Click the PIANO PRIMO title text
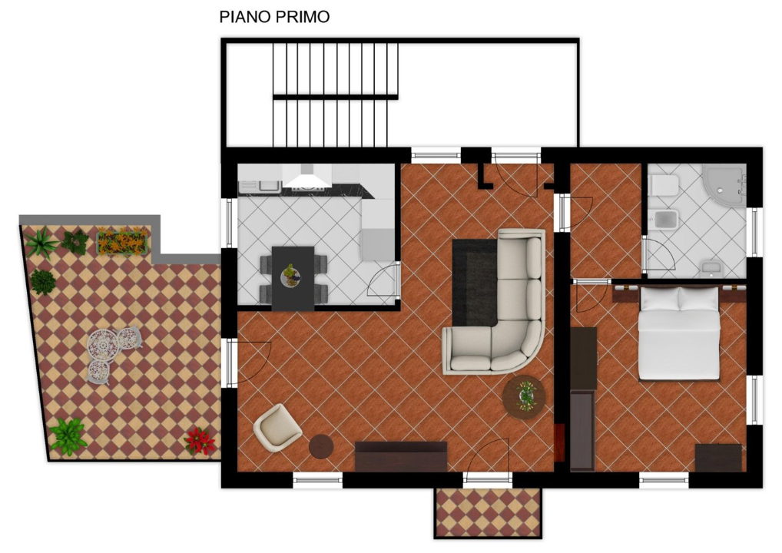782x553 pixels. [x=274, y=16]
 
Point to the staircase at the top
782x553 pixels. [x=336, y=94]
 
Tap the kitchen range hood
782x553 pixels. [x=304, y=181]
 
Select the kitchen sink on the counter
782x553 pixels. [x=268, y=185]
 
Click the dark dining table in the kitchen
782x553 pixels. [x=293, y=277]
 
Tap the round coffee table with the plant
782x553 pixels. [x=524, y=397]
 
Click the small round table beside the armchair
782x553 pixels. [x=321, y=447]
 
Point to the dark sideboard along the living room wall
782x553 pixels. [x=400, y=455]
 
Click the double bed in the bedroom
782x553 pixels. [x=679, y=332]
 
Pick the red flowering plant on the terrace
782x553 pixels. [x=200, y=441]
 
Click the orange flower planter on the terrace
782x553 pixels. [x=124, y=242]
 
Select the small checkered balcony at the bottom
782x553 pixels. [x=489, y=512]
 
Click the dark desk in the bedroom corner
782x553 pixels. [x=718, y=458]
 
